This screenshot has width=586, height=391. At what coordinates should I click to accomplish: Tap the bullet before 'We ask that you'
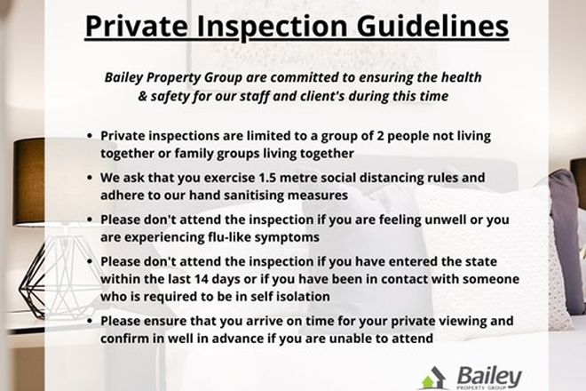[x=91, y=178]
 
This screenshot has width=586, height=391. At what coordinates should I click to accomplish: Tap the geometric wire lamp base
[x=40, y=267]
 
